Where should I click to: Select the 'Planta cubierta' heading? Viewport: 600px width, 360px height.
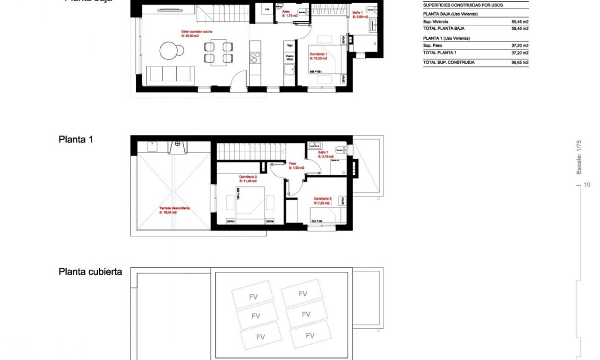point(90,272)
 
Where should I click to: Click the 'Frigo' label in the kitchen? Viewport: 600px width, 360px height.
point(289,46)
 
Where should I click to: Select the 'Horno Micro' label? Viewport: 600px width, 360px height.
point(289,57)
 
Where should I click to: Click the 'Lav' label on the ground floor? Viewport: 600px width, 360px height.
point(267,10)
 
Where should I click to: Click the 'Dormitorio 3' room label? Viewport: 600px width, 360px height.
point(322,201)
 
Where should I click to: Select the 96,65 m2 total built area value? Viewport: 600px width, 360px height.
point(519,63)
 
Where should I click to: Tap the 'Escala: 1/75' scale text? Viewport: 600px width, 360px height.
point(579,157)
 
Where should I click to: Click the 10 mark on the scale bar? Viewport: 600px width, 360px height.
point(587,185)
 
